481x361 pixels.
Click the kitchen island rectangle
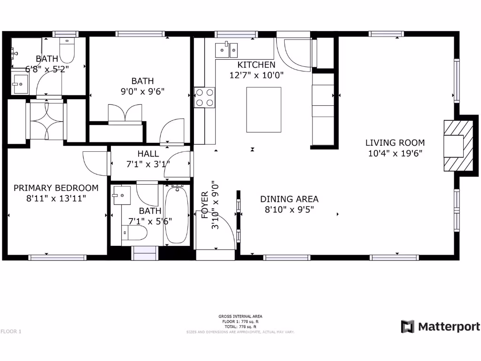[264, 110]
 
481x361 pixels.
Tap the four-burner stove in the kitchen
[205, 98]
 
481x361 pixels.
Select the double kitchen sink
[227, 48]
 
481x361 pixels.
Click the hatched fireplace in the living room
[458, 145]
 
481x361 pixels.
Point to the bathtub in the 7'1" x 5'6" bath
[177, 215]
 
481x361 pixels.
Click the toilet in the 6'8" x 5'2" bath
[67, 51]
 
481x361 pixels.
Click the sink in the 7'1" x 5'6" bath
[121, 195]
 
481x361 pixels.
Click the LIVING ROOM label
[395, 143]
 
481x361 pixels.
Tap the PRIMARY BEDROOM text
[56, 188]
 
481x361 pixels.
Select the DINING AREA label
[289, 199]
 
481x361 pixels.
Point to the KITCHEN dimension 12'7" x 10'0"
[256, 75]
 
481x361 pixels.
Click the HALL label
[148, 154]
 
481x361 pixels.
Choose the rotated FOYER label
[205, 205]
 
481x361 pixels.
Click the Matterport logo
[440, 327]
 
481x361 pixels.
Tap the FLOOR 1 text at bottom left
[11, 331]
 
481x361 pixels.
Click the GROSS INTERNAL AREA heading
[240, 316]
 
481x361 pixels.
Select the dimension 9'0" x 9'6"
[143, 92]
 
